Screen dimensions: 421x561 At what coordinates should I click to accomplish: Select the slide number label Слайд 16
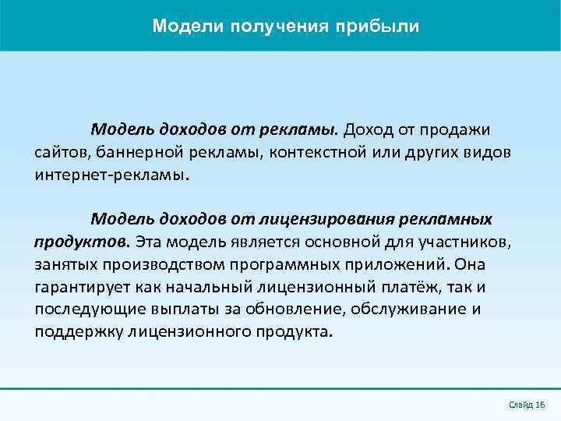tap(527, 405)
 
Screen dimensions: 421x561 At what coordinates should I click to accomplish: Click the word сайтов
tap(58, 151)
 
